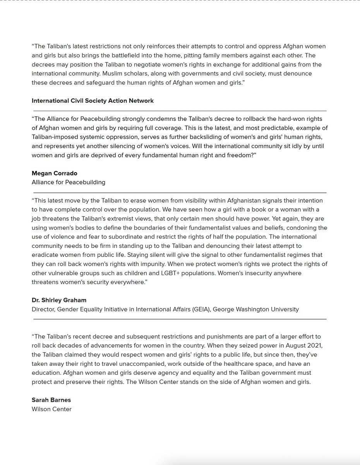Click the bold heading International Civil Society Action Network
coord(93,101)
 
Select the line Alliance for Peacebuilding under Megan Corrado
coord(69,182)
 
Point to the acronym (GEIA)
coord(201,309)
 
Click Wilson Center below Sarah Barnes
coord(51,409)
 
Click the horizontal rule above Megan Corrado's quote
coord(180,111)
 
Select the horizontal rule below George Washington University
coord(180,319)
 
